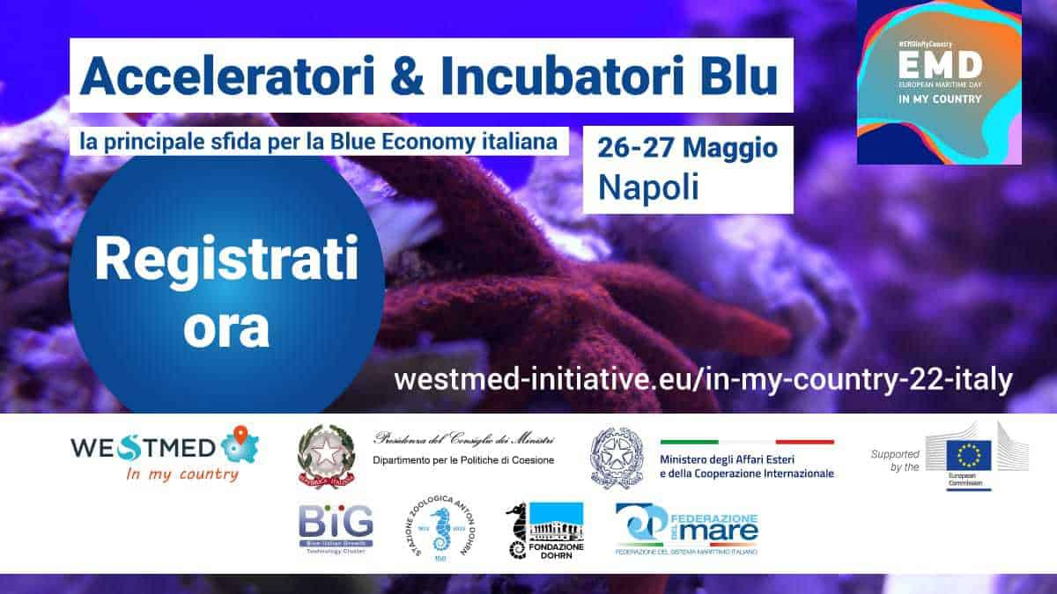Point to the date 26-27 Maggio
pyautogui.click(x=687, y=147)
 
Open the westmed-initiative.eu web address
pyautogui.click(x=703, y=379)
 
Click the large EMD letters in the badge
pyautogui.click(x=939, y=63)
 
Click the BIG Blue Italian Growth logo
pyautogui.click(x=335, y=526)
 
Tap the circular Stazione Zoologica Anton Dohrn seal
pyautogui.click(x=439, y=530)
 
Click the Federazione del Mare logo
pyautogui.click(x=687, y=528)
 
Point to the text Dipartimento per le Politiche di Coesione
pyautogui.click(x=463, y=459)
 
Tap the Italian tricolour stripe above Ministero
pyautogui.click(x=747, y=442)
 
